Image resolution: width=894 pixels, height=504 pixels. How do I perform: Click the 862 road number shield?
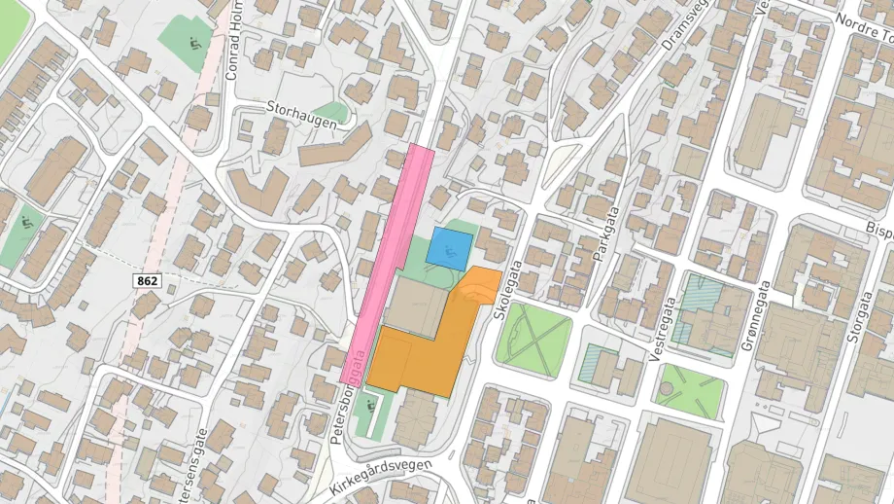[148, 281]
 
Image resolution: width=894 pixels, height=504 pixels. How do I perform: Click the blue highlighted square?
[451, 249]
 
